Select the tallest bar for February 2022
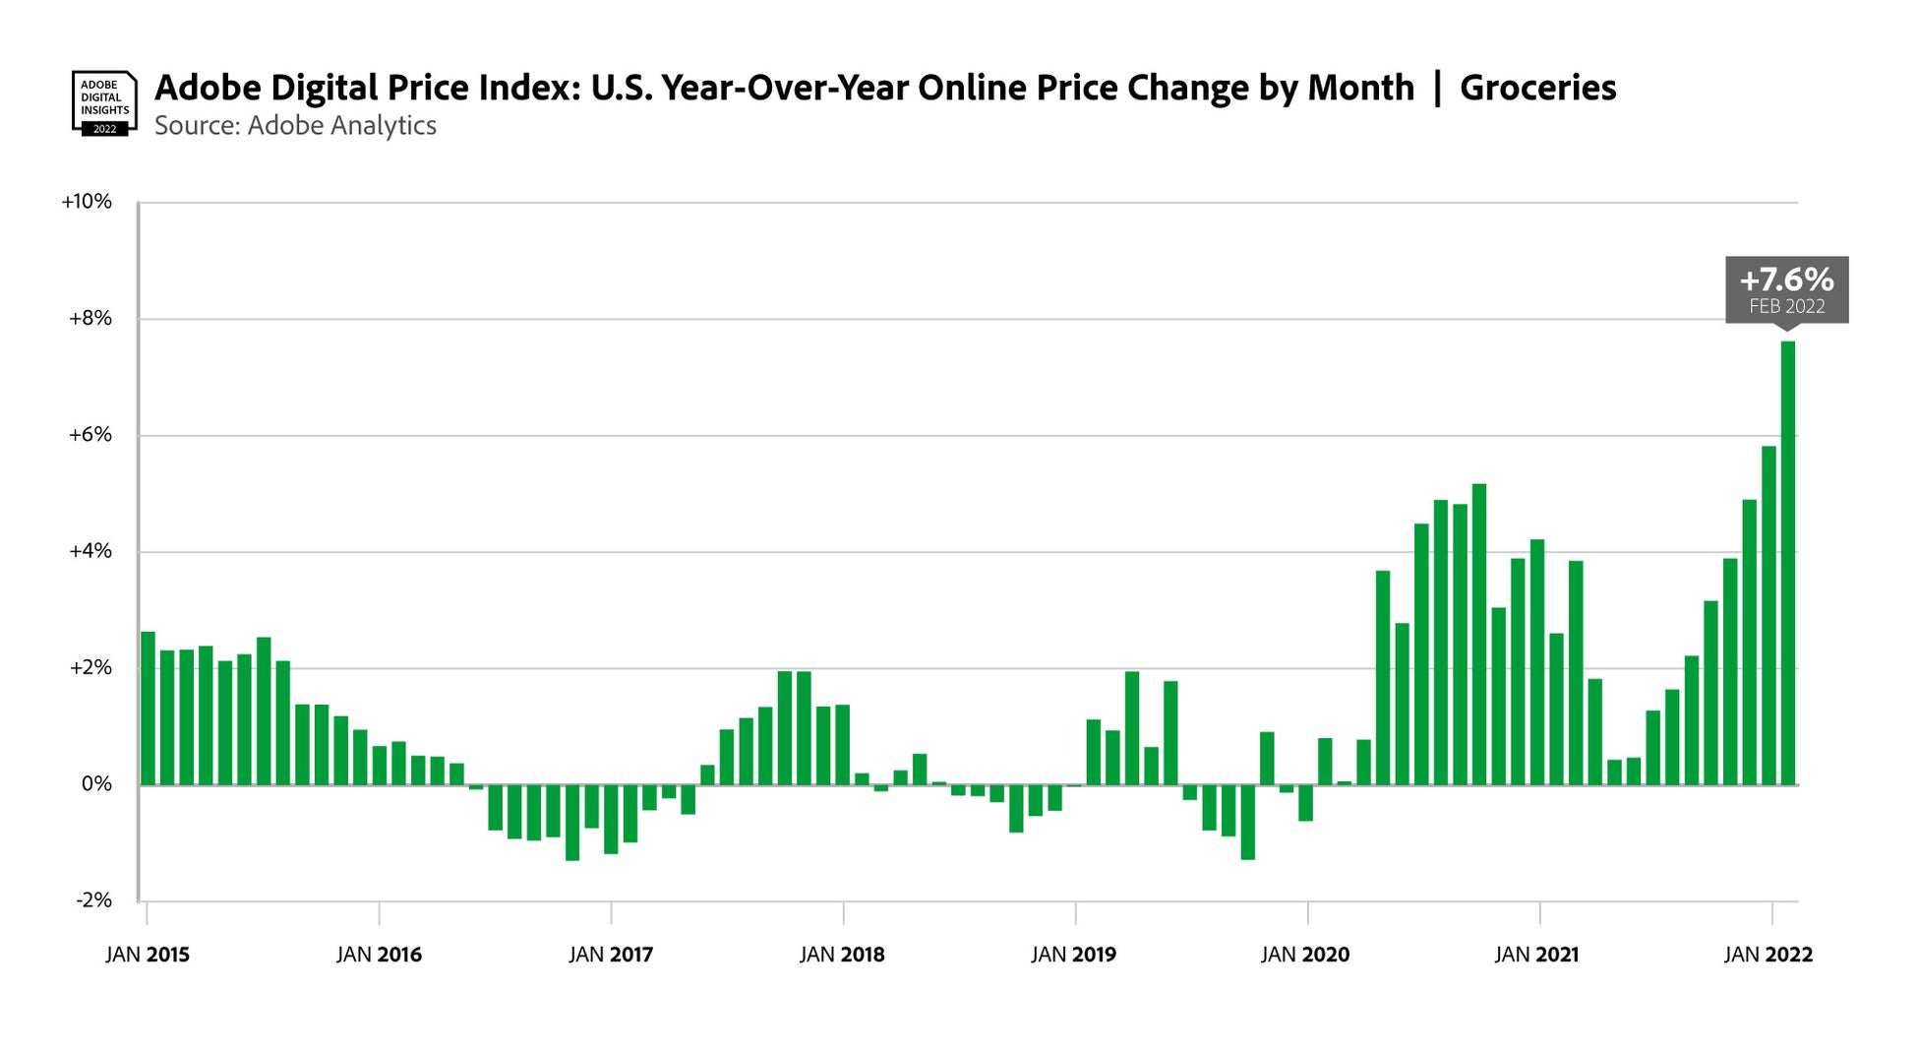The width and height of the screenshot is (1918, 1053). coord(1788,563)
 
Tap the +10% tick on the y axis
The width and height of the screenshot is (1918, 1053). coord(87,202)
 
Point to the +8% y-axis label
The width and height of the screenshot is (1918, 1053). coord(90,319)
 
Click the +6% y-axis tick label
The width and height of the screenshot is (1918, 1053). coord(90,435)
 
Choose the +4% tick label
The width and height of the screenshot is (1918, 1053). coord(90,551)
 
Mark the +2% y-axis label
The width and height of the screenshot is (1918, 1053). coord(90,668)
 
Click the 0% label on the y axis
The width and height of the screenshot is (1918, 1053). coord(95,784)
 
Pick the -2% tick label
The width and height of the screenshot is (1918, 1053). coord(93,900)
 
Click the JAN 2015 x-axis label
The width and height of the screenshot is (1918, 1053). coord(148,955)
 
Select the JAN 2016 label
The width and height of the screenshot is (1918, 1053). coord(379,955)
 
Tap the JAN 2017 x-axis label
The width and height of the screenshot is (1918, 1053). coord(611,955)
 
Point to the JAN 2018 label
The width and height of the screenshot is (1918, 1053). coord(842,955)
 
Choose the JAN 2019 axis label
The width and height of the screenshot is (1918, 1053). coord(1074,955)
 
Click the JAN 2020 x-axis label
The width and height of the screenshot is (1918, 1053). coord(1305,955)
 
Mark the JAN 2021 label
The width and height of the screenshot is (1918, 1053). coord(1536,955)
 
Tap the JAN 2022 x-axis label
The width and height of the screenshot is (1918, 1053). coord(1768,955)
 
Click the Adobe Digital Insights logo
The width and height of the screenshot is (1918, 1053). coord(103,102)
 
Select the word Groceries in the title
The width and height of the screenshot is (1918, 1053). coord(1537,88)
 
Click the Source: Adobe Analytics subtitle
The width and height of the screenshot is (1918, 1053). coord(295,126)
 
